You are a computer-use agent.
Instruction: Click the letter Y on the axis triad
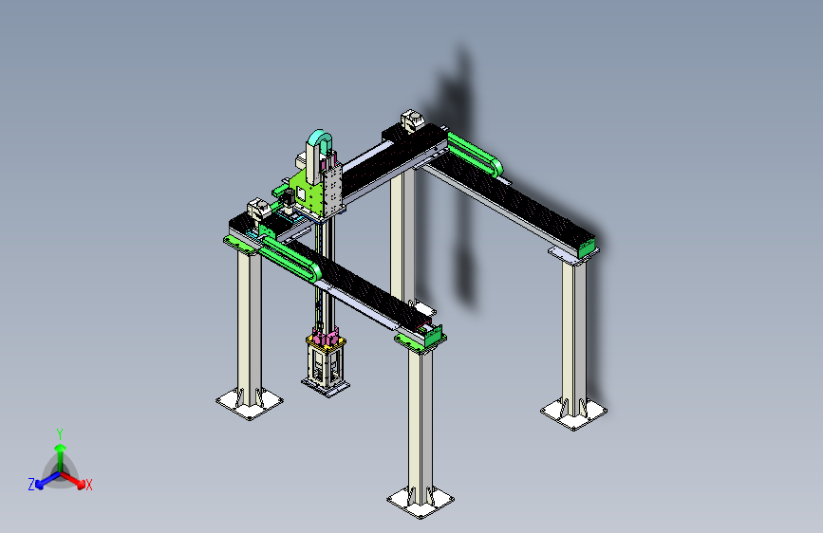[60, 434]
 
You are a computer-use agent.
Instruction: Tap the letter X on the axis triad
[88, 485]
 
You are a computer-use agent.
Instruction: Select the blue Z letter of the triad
[31, 485]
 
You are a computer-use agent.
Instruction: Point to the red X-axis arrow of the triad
[72, 480]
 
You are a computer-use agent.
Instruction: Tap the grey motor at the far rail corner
[412, 120]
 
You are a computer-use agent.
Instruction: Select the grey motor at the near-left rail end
[258, 209]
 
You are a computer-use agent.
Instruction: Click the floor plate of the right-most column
[573, 414]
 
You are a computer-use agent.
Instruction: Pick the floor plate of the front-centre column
[421, 502]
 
